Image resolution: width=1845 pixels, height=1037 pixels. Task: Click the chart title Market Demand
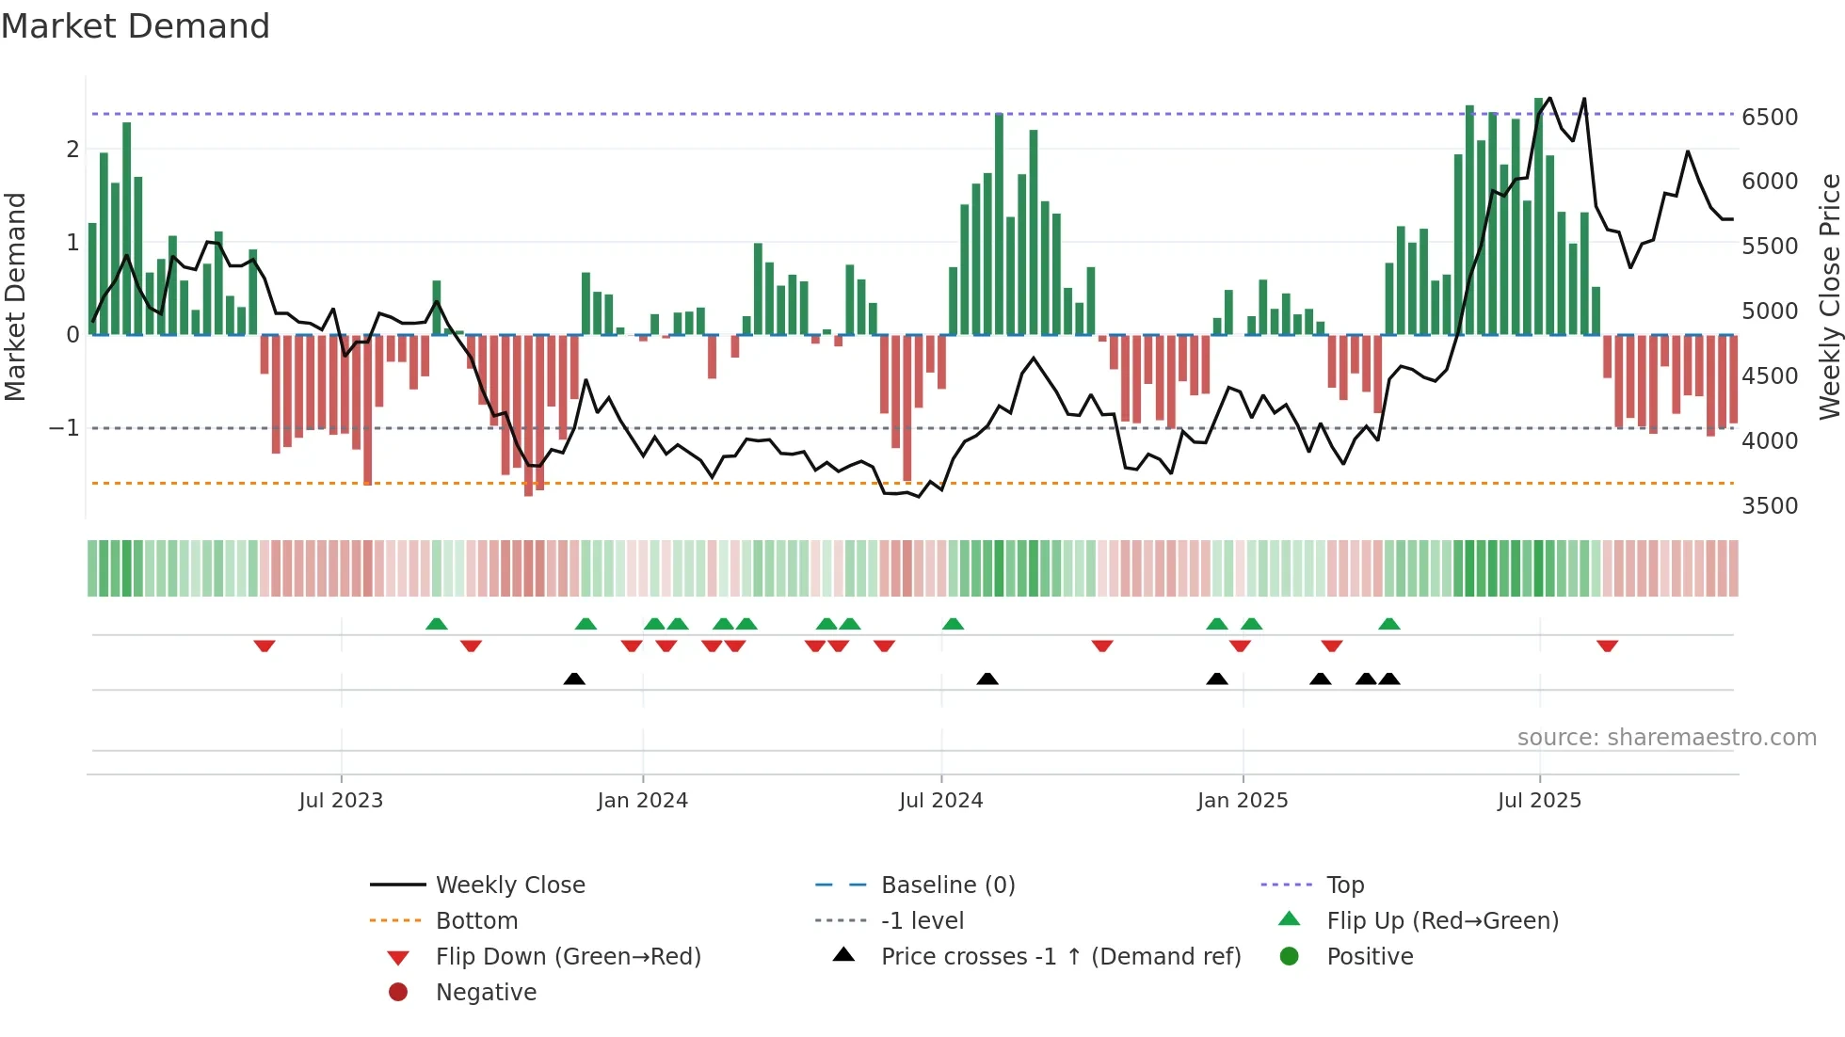(x=136, y=26)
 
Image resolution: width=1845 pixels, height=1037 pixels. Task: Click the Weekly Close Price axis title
(x=1829, y=296)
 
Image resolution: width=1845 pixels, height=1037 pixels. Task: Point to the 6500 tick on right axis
(x=1769, y=118)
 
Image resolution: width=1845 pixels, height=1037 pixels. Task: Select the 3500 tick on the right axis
(x=1769, y=506)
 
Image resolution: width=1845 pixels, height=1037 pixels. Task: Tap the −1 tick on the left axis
(x=64, y=428)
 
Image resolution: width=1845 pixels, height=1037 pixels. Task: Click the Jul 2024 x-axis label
(x=940, y=801)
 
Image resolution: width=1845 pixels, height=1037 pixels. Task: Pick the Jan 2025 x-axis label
(x=1242, y=801)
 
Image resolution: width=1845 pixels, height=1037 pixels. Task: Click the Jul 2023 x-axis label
(x=341, y=801)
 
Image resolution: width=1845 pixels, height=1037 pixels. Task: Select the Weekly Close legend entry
(x=510, y=885)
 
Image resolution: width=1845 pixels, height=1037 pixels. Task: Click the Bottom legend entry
(x=476, y=921)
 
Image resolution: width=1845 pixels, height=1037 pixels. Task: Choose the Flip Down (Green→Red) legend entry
(x=568, y=957)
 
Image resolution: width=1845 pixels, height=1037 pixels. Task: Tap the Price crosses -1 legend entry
(x=1061, y=957)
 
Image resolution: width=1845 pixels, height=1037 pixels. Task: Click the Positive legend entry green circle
(x=1290, y=957)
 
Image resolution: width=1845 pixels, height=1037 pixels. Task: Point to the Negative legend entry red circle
(x=398, y=993)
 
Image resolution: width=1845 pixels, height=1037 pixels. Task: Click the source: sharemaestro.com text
(x=1666, y=738)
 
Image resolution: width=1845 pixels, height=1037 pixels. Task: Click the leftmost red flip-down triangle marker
(x=265, y=646)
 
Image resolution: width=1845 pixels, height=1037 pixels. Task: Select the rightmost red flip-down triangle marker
(x=1607, y=646)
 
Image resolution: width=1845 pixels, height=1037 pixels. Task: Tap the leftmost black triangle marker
(x=574, y=678)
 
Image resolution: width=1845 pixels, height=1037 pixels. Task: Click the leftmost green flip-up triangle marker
(x=436, y=624)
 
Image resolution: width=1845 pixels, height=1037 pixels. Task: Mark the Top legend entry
(x=1345, y=885)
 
